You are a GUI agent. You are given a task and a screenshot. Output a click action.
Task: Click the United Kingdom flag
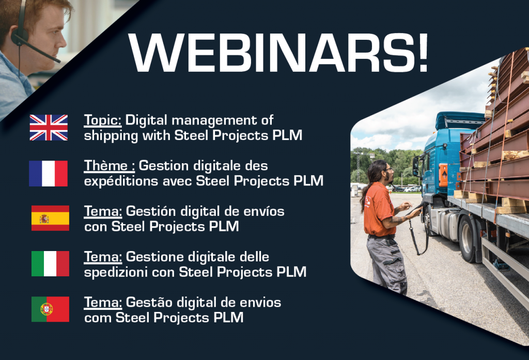pyautogui.click(x=49, y=128)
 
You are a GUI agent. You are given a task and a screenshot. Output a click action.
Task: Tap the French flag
pyautogui.click(x=48, y=174)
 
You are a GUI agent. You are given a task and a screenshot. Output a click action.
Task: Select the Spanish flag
pyautogui.click(x=50, y=218)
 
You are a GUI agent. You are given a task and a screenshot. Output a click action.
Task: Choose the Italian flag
pyautogui.click(x=50, y=263)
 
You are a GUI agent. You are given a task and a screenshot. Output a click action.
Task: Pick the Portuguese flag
pyautogui.click(x=50, y=309)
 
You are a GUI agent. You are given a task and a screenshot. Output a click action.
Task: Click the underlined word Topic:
pyautogui.click(x=103, y=120)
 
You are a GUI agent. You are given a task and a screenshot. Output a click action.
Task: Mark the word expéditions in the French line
pyautogui.click(x=121, y=181)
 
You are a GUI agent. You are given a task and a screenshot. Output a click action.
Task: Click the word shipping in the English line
pyautogui.click(x=111, y=136)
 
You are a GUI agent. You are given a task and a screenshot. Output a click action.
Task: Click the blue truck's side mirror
pyautogui.click(x=416, y=166)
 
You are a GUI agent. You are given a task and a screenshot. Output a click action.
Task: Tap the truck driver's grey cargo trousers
pyautogui.click(x=387, y=264)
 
